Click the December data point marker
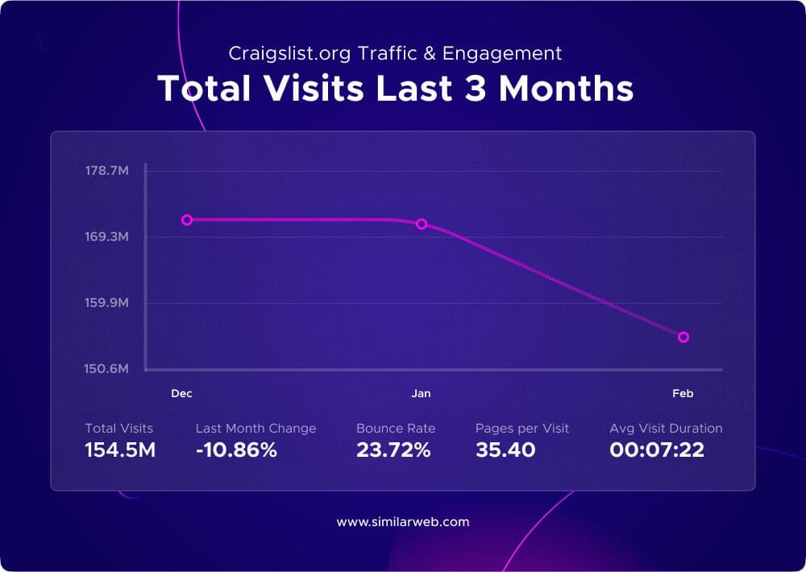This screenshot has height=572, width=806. [x=187, y=220]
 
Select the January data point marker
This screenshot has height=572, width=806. [x=421, y=224]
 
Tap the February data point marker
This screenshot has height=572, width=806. [x=683, y=337]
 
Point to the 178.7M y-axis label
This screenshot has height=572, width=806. [x=106, y=171]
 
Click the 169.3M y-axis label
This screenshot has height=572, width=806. [x=106, y=237]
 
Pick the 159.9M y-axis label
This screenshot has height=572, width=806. [x=106, y=303]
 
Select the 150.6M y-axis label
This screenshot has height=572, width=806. [x=106, y=369]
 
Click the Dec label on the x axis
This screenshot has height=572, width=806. [x=181, y=393]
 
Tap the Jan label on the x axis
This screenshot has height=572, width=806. [x=421, y=393]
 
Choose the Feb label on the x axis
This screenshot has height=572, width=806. [x=683, y=393]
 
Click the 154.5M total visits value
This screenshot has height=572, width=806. [x=120, y=450]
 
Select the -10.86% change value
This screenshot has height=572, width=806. [x=236, y=450]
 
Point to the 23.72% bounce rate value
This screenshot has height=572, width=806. [x=393, y=450]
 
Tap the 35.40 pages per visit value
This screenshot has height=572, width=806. [x=505, y=450]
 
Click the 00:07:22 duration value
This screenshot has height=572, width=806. [x=657, y=450]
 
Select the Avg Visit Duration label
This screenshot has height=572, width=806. [x=666, y=429]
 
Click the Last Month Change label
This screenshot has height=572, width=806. [x=256, y=429]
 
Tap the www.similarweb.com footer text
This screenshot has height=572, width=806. [x=403, y=522]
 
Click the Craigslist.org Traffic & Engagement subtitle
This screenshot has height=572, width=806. [x=395, y=54]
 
